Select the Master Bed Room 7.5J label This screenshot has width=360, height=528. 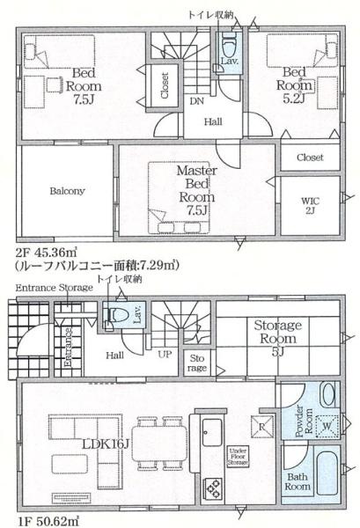(x=195, y=189)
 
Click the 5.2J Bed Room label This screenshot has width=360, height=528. (x=294, y=85)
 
